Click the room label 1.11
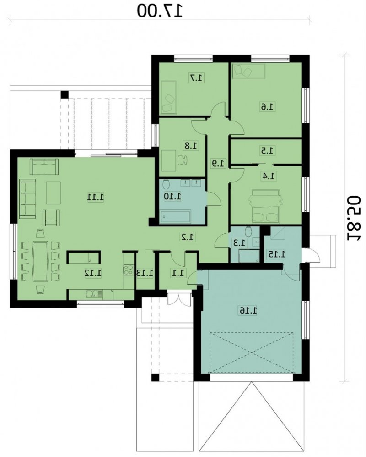point(96,197)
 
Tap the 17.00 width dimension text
point(160,11)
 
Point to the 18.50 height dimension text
point(354,218)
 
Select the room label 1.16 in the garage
point(248,310)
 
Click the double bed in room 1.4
point(265,205)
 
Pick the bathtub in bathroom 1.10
point(175,216)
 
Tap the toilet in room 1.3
point(248,231)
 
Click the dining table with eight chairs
point(40,260)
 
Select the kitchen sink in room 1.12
point(94,294)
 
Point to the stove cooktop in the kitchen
point(128,270)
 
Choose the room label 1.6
point(267,107)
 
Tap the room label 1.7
point(197,77)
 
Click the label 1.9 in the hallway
point(218,163)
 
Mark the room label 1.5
point(267,151)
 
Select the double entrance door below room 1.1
point(179,298)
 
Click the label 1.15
point(276,254)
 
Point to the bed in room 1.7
point(168,97)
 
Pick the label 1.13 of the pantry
point(145,273)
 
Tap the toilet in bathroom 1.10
point(166,185)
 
